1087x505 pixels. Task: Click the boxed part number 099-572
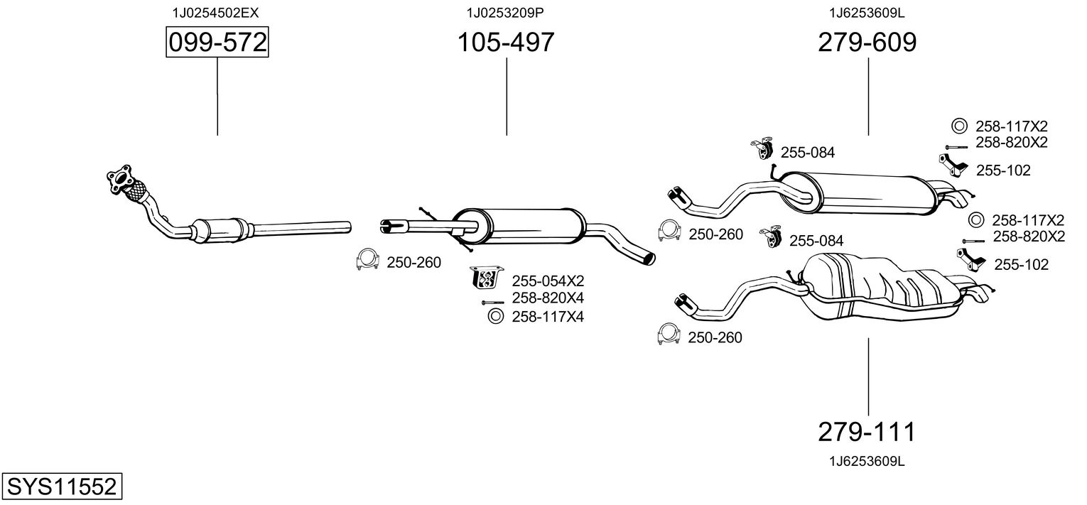[217, 42]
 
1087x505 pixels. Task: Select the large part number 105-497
[506, 42]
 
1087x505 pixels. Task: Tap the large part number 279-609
[867, 42]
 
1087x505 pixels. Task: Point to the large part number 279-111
[866, 432]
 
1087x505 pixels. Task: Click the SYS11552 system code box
[62, 486]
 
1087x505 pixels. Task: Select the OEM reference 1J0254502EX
[215, 13]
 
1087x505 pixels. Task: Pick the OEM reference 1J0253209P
[505, 13]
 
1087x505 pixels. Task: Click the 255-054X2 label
[548, 281]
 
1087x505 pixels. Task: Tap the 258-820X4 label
[548, 298]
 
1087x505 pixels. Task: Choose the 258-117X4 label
[548, 317]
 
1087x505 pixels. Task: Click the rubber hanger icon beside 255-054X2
[487, 278]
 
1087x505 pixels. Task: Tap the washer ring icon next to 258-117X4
[495, 316]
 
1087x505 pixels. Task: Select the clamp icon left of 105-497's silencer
[367, 259]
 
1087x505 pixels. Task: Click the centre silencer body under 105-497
[519, 227]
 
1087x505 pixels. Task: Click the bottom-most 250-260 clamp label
[715, 337]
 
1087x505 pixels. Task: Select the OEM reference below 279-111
[867, 462]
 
